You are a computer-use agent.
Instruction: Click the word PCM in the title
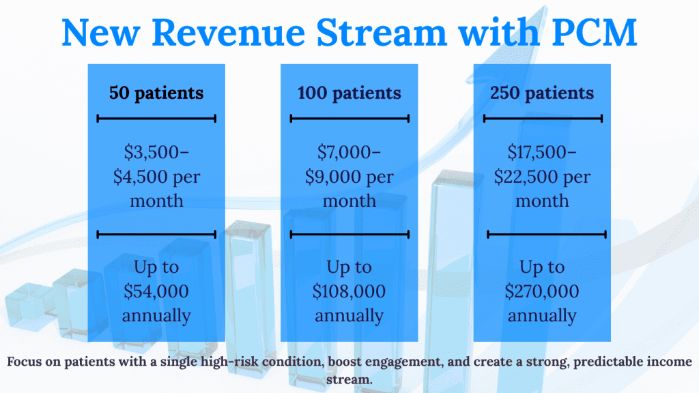pyautogui.click(x=595, y=32)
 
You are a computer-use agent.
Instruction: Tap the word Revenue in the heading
pyautogui.click(x=228, y=32)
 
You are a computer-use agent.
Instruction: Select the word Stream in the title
pyautogui.click(x=382, y=32)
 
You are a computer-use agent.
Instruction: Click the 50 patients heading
pyautogui.click(x=156, y=93)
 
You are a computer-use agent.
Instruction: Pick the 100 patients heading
pyautogui.click(x=349, y=93)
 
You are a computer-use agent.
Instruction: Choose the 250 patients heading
pyautogui.click(x=542, y=93)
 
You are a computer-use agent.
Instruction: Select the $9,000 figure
pyautogui.click(x=333, y=177)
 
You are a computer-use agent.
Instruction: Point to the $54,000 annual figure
pyautogui.click(x=156, y=291)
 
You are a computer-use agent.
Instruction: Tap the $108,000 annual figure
pyautogui.click(x=349, y=291)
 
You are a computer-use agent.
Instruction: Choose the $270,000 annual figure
pyautogui.click(x=542, y=291)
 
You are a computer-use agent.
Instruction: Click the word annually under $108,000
pyautogui.click(x=349, y=316)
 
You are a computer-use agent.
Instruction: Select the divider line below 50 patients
pyautogui.click(x=156, y=119)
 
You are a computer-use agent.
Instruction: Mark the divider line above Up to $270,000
pyautogui.click(x=547, y=235)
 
